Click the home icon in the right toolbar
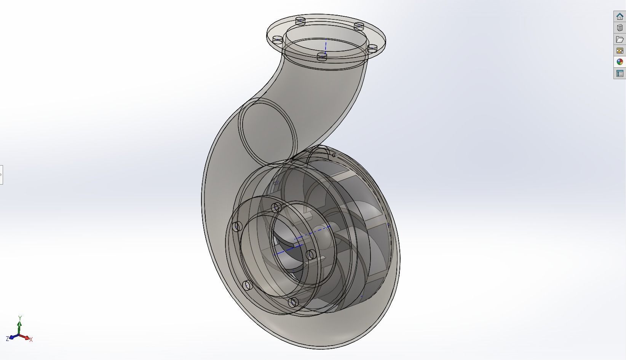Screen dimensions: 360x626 click(x=620, y=16)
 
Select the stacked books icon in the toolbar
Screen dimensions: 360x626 click(x=620, y=28)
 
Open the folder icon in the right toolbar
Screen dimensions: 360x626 click(x=620, y=39)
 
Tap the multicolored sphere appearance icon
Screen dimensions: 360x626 click(x=620, y=62)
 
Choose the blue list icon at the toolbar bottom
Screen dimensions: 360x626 click(x=620, y=73)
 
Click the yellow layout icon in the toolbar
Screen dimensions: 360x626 click(x=620, y=51)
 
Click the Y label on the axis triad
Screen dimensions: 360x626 click(x=20, y=317)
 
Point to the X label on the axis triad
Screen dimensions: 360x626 click(x=31, y=339)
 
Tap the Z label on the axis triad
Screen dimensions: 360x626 click(x=7, y=339)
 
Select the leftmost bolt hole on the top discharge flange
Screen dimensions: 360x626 click(x=278, y=39)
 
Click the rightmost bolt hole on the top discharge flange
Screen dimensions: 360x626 click(x=372, y=48)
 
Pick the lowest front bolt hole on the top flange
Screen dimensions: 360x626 click(x=322, y=57)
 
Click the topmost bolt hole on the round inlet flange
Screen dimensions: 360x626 click(x=277, y=207)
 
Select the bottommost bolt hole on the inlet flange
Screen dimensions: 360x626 click(x=292, y=303)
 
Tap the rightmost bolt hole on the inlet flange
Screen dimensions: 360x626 click(x=311, y=254)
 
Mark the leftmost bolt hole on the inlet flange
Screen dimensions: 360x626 click(x=238, y=226)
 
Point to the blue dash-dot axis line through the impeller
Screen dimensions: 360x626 click(x=301, y=240)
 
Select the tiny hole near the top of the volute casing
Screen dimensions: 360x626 click(x=334, y=155)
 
